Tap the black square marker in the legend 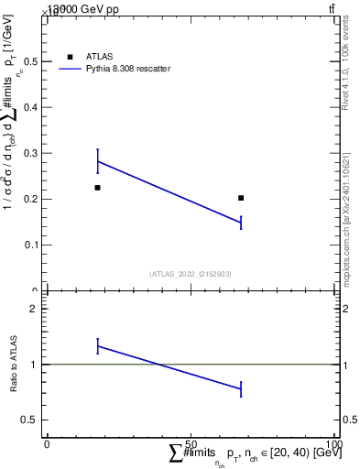coord(70,57)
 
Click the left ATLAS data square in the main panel coord(97,188)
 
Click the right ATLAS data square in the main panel coord(241,198)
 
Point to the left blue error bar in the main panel coord(97,161)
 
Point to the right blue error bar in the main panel coord(241,223)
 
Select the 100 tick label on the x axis coord(335,444)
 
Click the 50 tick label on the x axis coord(191,444)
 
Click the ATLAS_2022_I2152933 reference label coord(191,274)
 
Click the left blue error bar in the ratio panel coord(97,345)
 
